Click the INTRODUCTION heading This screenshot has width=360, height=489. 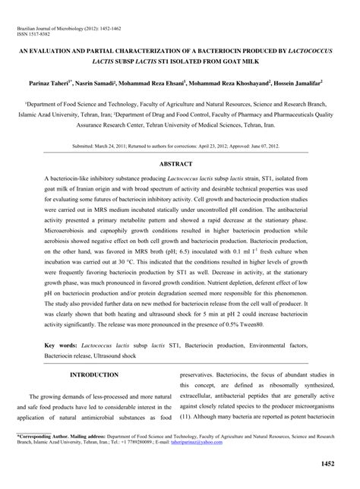tap(94, 375)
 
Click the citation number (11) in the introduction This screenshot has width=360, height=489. tap(185, 417)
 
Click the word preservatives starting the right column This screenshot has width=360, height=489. tap(202, 375)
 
